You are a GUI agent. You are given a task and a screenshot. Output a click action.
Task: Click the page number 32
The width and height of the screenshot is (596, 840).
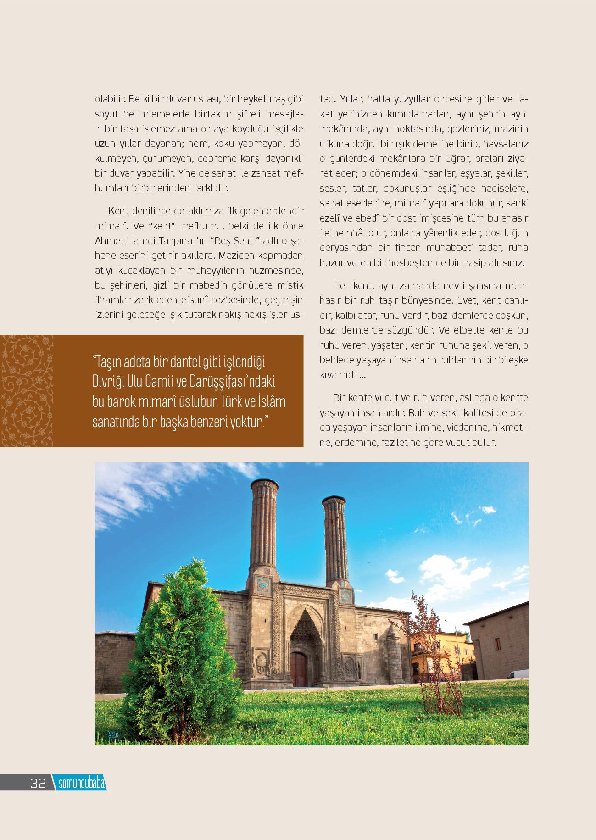38,784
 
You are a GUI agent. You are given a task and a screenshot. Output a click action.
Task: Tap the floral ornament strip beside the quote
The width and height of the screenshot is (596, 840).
27,391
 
